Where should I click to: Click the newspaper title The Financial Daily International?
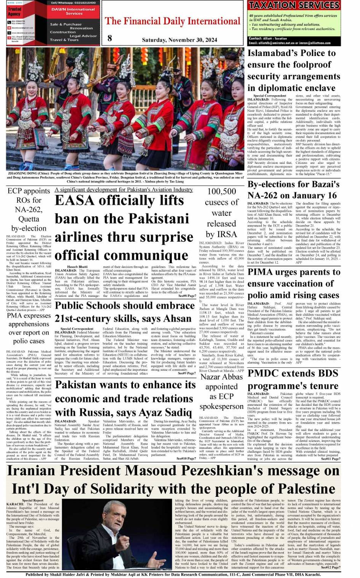click(x=173, y=21)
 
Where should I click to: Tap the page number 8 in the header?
click(x=110, y=38)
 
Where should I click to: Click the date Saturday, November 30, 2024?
click(x=179, y=40)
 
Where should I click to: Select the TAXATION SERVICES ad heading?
click(x=294, y=5)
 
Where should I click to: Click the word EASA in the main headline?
click(x=75, y=200)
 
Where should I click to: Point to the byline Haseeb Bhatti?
click(x=77, y=267)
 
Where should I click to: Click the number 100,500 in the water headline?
click(x=222, y=191)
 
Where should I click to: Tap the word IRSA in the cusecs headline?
click(x=227, y=234)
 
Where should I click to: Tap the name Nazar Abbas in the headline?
click(x=222, y=377)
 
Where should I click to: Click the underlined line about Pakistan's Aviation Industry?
click(x=124, y=190)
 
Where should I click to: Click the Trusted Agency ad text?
click(x=14, y=11)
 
